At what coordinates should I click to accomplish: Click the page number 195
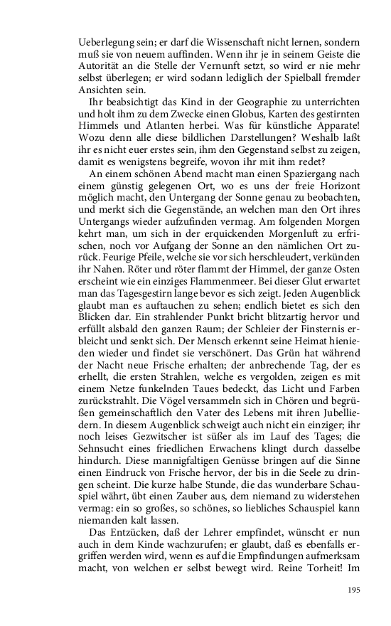[x=354, y=590]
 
